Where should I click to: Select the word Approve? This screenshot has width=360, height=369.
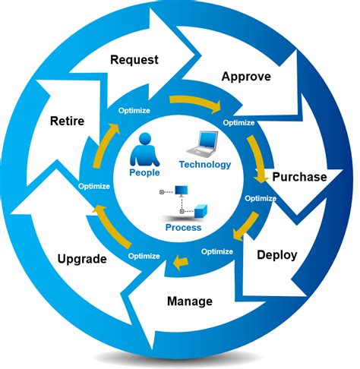(x=246, y=77)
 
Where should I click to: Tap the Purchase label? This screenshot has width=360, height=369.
(x=299, y=177)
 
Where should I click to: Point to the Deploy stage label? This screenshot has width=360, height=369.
(x=276, y=255)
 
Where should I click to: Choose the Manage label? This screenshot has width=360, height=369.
(x=189, y=301)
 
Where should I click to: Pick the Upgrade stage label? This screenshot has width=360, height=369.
(x=82, y=258)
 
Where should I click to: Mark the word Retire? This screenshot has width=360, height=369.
(x=68, y=120)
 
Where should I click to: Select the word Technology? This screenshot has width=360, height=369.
(x=204, y=164)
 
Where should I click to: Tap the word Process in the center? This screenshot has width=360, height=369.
(x=183, y=228)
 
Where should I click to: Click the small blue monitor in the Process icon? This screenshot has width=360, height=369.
(x=182, y=191)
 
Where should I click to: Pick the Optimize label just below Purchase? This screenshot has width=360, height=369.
(x=261, y=198)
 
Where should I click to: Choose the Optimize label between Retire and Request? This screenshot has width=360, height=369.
(x=134, y=111)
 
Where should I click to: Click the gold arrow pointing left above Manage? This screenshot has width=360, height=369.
(x=179, y=263)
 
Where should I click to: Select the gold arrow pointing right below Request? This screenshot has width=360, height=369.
(x=194, y=101)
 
